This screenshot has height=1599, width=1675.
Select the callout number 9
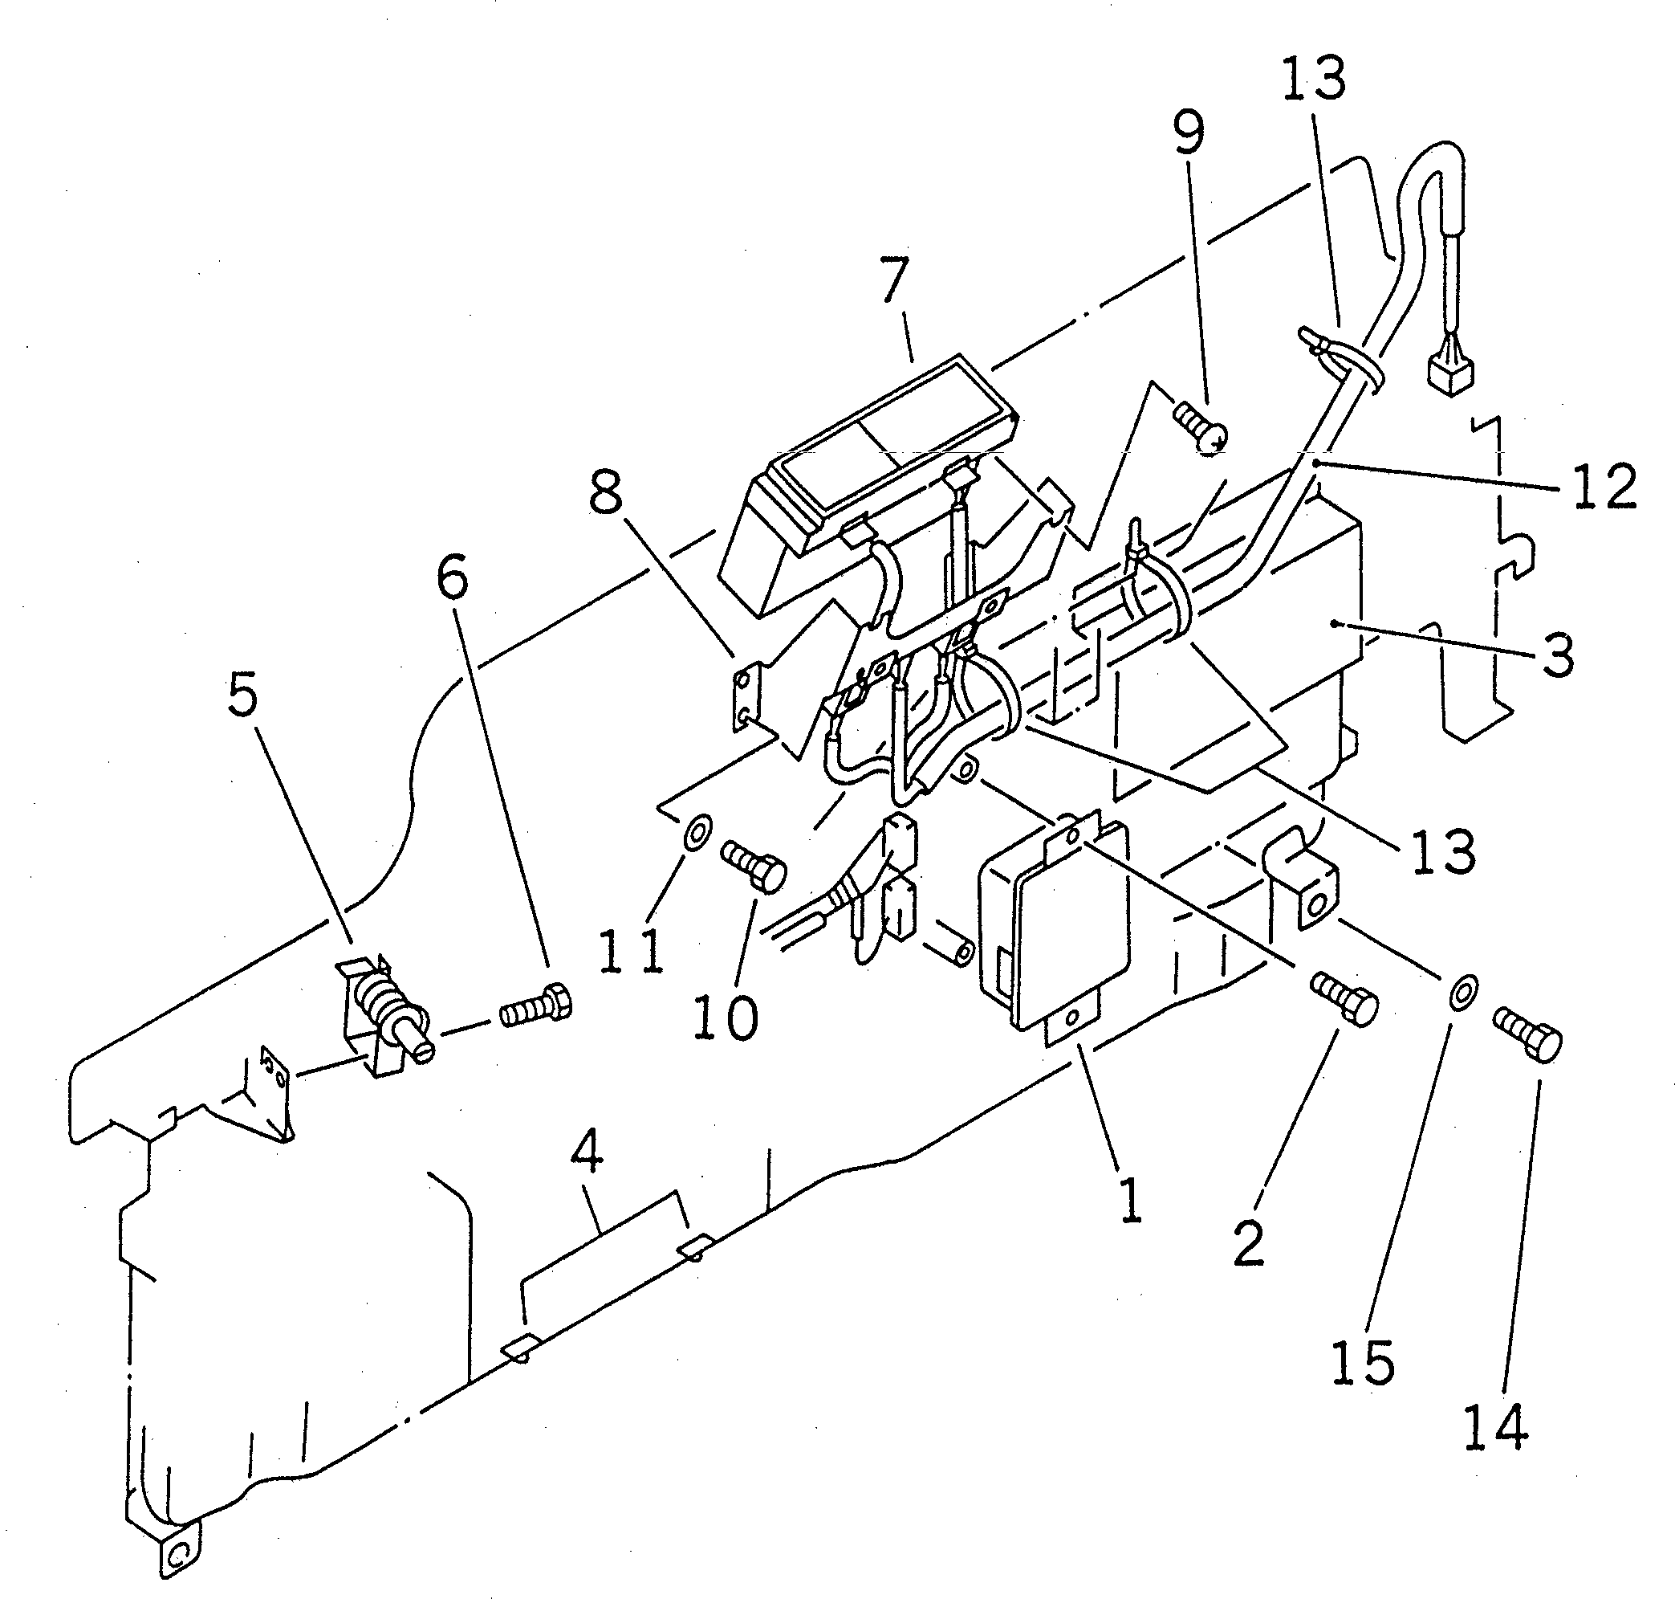1189,135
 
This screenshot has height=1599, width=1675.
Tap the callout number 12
1604,487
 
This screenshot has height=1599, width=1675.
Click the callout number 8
606,492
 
